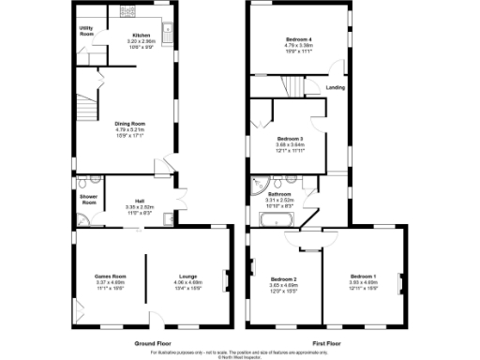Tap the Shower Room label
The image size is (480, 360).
(88, 200)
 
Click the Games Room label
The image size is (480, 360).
(111, 277)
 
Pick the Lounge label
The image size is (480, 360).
(185, 277)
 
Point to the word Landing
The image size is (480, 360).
(335, 88)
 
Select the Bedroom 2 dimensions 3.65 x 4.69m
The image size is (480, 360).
(283, 285)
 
